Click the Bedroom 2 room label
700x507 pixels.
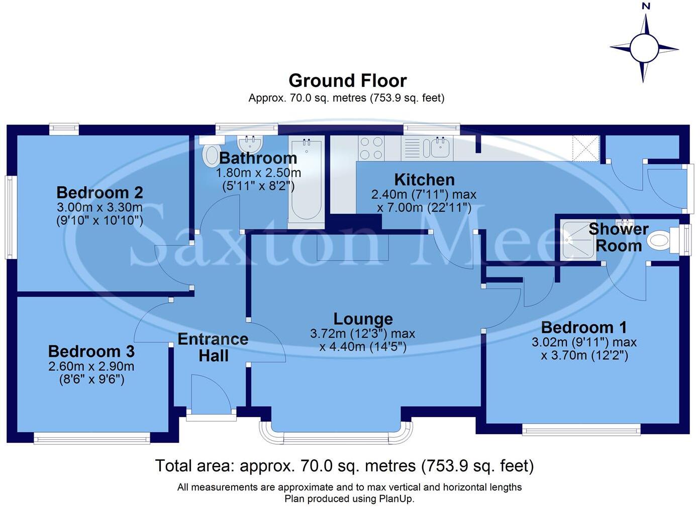(99, 192)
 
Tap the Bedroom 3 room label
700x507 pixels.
(91, 351)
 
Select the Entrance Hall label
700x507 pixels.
(213, 347)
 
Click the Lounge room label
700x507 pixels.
(363, 319)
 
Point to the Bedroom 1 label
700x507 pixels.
(584, 328)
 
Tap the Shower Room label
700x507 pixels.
(619, 237)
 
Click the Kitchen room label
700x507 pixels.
(424, 180)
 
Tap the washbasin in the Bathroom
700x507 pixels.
(250, 145)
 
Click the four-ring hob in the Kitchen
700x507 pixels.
(371, 148)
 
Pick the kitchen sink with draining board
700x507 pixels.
(427, 148)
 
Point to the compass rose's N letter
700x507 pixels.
(646, 7)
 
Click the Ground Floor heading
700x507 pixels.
(347, 80)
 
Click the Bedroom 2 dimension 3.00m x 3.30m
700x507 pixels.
(99, 207)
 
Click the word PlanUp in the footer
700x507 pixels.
(396, 499)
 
